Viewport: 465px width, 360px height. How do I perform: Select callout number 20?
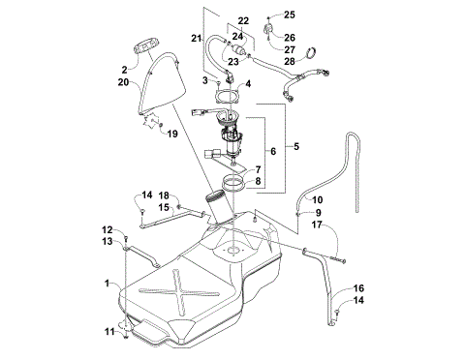point(123,83)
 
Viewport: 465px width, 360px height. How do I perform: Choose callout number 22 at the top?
point(242,19)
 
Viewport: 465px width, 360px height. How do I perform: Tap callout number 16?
point(358,288)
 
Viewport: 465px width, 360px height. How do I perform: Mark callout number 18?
point(164,195)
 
